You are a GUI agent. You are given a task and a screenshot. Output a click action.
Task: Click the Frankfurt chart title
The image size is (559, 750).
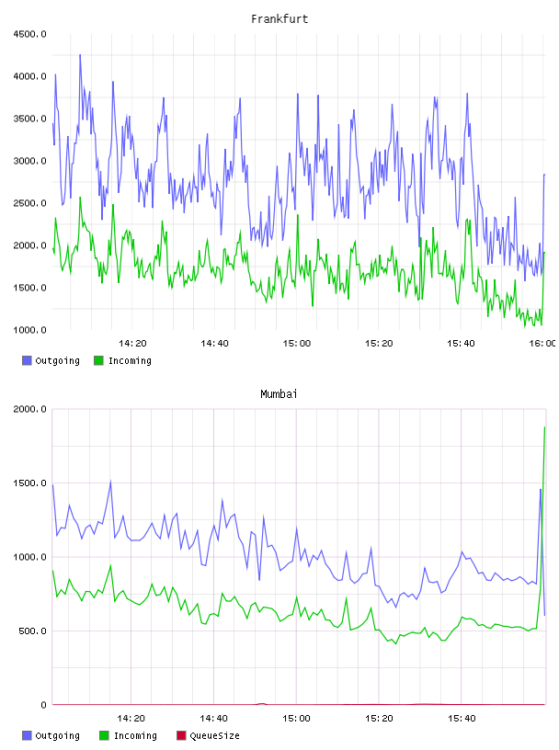279,19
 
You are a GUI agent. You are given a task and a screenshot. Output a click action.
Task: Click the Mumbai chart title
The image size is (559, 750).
279,394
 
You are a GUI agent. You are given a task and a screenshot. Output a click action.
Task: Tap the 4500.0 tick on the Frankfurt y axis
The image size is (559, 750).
29,34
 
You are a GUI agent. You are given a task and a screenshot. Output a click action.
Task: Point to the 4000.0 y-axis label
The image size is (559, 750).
29,76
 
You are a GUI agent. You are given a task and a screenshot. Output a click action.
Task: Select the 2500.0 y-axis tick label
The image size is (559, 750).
29,203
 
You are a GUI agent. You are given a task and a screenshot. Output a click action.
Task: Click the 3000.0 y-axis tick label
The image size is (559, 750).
29,161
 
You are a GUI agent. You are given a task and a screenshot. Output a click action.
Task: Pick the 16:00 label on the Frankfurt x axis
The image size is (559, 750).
542,344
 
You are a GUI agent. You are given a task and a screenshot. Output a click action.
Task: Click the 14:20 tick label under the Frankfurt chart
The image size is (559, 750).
132,344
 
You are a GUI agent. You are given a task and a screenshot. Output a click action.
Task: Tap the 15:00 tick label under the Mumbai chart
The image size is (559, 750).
296,719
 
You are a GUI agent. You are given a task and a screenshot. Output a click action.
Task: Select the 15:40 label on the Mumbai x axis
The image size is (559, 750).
462,719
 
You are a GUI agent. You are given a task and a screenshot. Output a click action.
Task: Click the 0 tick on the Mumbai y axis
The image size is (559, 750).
43,705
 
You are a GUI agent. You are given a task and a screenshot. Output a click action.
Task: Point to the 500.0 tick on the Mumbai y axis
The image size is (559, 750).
32,631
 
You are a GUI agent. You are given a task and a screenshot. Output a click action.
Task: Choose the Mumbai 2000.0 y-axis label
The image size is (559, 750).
29,409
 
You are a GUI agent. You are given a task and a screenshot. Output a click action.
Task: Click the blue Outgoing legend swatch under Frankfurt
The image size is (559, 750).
27,360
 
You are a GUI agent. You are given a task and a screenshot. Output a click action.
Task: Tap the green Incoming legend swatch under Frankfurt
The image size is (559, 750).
98,360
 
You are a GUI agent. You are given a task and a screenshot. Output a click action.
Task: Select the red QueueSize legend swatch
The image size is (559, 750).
181,735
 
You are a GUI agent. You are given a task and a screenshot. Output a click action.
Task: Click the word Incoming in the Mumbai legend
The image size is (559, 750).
135,736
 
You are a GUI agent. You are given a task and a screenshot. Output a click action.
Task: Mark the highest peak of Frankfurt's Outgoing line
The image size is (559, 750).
80,55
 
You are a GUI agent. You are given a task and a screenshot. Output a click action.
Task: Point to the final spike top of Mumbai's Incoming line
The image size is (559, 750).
544,427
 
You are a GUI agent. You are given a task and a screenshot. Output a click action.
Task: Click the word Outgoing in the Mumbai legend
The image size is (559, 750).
57,736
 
